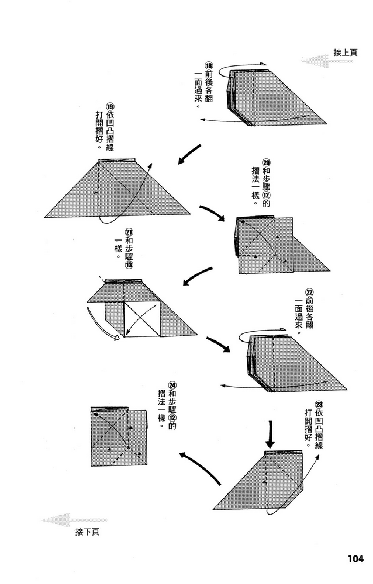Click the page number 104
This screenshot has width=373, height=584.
(351, 558)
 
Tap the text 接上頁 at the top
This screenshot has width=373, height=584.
(346, 52)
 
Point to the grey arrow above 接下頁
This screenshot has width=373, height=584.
(74, 519)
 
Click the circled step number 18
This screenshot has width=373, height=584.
(209, 67)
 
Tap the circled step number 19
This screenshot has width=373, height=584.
(109, 107)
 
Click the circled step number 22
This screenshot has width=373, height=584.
(309, 291)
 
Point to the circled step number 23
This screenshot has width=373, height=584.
(319, 404)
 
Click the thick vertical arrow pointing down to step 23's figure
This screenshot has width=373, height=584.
(271, 433)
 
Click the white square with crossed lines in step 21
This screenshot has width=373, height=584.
(142, 321)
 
